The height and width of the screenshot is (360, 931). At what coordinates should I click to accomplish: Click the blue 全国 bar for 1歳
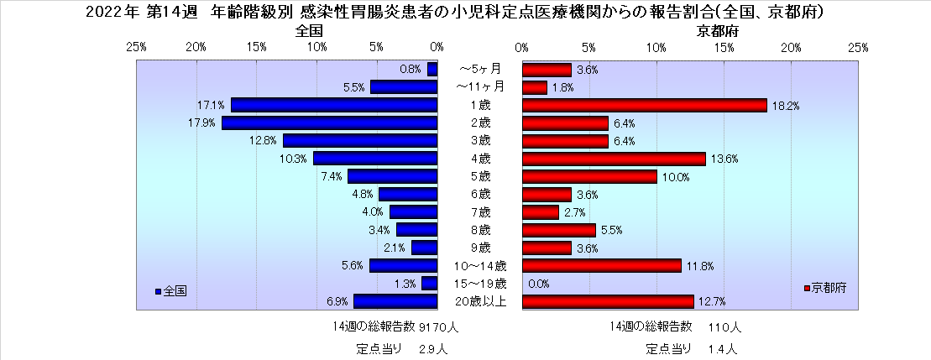coord(334,105)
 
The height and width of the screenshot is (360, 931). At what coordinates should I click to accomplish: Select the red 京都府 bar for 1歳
coord(645,105)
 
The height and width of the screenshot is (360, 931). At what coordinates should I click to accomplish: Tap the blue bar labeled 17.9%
coord(329,123)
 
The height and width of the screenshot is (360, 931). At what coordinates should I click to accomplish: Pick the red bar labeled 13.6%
coord(614,159)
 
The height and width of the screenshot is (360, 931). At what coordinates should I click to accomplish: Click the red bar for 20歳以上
coord(608,301)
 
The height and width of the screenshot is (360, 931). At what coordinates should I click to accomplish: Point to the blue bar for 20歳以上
coord(395,301)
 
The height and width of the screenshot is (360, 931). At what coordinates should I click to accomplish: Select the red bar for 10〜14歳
coord(602,265)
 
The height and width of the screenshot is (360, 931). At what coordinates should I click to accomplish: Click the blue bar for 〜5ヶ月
coord(432,70)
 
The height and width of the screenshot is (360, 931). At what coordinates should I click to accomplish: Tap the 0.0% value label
coord(539,284)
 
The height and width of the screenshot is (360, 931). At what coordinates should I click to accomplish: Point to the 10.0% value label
coord(676,177)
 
